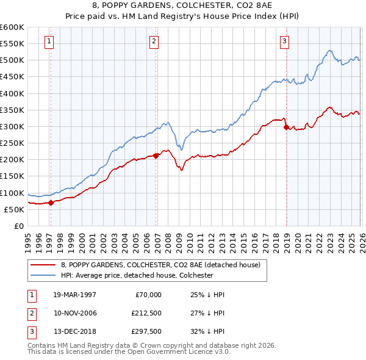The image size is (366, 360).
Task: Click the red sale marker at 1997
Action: [51, 203]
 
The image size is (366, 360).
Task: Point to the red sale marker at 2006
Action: [156, 156]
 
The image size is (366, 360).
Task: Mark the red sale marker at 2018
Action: [286, 127]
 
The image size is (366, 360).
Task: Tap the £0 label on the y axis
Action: [18, 226]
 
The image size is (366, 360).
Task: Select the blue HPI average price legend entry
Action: [136, 275]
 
